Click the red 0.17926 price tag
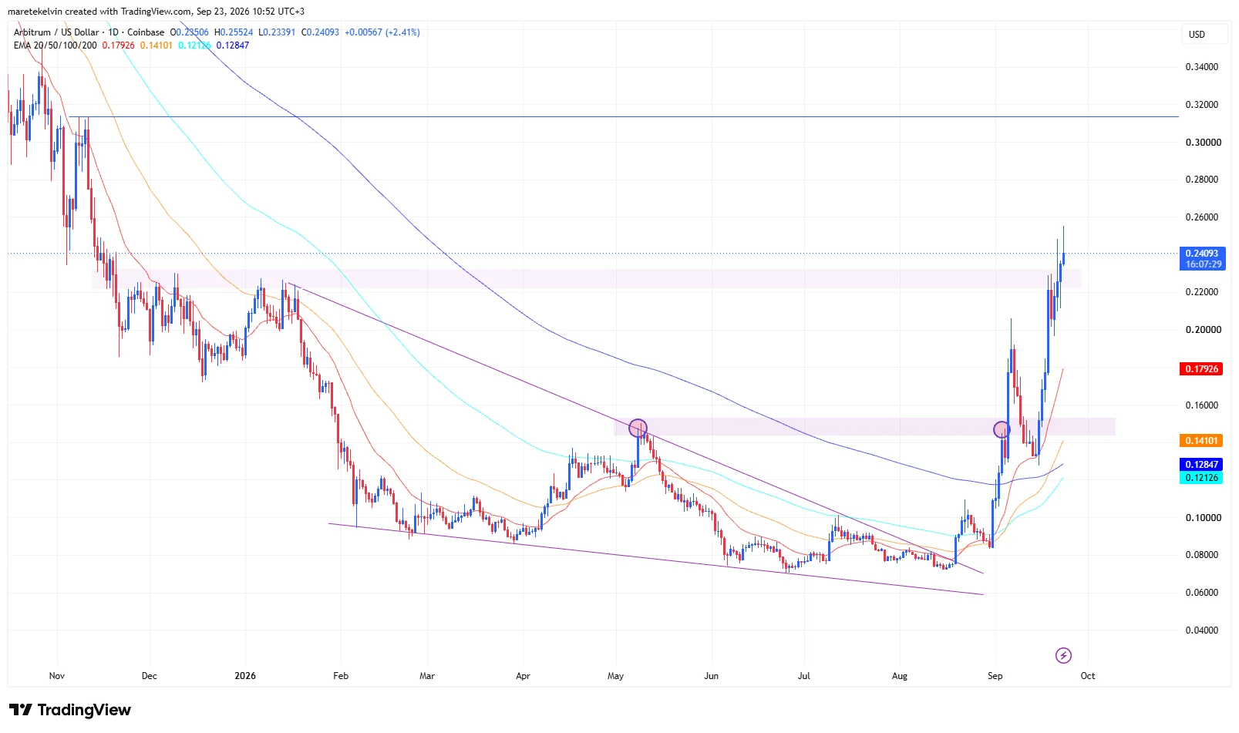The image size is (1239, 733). tap(1200, 368)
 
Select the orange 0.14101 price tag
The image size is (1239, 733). tap(1200, 441)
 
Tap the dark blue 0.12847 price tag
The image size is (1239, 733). tap(1200, 464)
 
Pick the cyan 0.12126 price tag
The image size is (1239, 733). tap(1200, 478)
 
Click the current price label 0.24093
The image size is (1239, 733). tap(1201, 253)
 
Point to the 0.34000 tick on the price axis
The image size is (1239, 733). tap(1201, 67)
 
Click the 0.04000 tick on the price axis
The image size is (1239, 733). tap(1201, 630)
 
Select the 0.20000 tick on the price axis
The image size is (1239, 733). tap(1203, 329)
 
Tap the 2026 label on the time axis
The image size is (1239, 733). tap(245, 675)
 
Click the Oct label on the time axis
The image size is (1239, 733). tap(1087, 675)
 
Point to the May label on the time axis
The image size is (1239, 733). tap(615, 675)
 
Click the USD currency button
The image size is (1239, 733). tap(1197, 34)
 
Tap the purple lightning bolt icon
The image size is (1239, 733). tap(1063, 656)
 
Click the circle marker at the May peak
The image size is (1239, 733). tap(638, 428)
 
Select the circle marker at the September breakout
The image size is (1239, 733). tap(1002, 429)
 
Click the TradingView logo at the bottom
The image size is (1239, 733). tap(70, 710)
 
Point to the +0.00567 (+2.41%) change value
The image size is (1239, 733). tap(382, 32)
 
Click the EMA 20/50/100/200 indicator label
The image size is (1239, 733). tap(56, 45)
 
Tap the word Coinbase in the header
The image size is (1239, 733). tap(146, 32)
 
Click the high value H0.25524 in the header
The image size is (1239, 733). tap(234, 32)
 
